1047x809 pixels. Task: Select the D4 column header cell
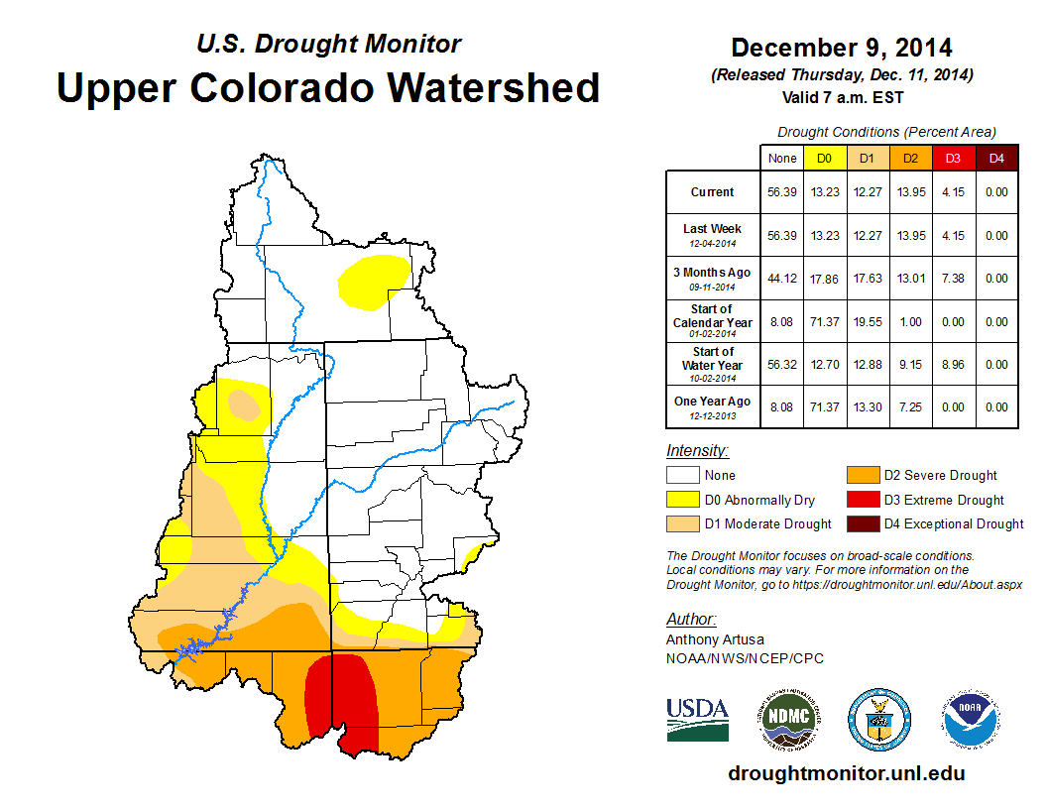point(996,158)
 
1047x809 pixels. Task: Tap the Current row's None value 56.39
point(782,192)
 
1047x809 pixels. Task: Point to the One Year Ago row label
point(713,406)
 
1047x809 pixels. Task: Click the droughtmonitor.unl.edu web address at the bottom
point(846,773)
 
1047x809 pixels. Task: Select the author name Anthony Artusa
point(715,639)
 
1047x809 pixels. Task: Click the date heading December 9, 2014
point(842,48)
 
